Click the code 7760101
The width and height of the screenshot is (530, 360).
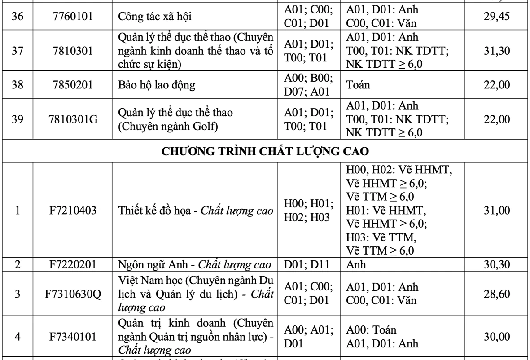click(x=73, y=16)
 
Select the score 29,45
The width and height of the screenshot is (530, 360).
click(x=496, y=16)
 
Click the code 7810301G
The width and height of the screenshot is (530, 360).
click(x=73, y=119)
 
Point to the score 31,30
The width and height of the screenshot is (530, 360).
click(x=496, y=51)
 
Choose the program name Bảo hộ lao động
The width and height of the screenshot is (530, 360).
click(x=157, y=85)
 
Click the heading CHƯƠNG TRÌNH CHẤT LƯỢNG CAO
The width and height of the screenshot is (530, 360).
click(x=265, y=151)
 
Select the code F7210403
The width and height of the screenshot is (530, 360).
click(x=73, y=210)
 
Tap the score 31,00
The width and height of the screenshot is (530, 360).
click(x=496, y=210)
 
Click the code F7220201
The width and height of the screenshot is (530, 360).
click(x=73, y=264)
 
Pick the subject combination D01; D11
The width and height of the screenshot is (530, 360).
click(x=307, y=264)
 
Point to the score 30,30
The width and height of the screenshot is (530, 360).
click(x=496, y=264)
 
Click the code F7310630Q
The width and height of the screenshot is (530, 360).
click(x=73, y=294)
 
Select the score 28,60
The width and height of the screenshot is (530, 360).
click(x=496, y=294)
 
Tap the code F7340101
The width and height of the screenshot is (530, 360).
click(x=73, y=336)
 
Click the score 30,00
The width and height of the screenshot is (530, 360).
click(x=496, y=336)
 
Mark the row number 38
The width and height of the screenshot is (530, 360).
click(x=18, y=85)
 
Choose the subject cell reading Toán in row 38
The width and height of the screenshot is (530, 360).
click(x=358, y=85)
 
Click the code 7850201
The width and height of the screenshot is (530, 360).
click(x=73, y=85)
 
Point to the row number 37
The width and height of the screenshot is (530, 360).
click(x=18, y=51)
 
